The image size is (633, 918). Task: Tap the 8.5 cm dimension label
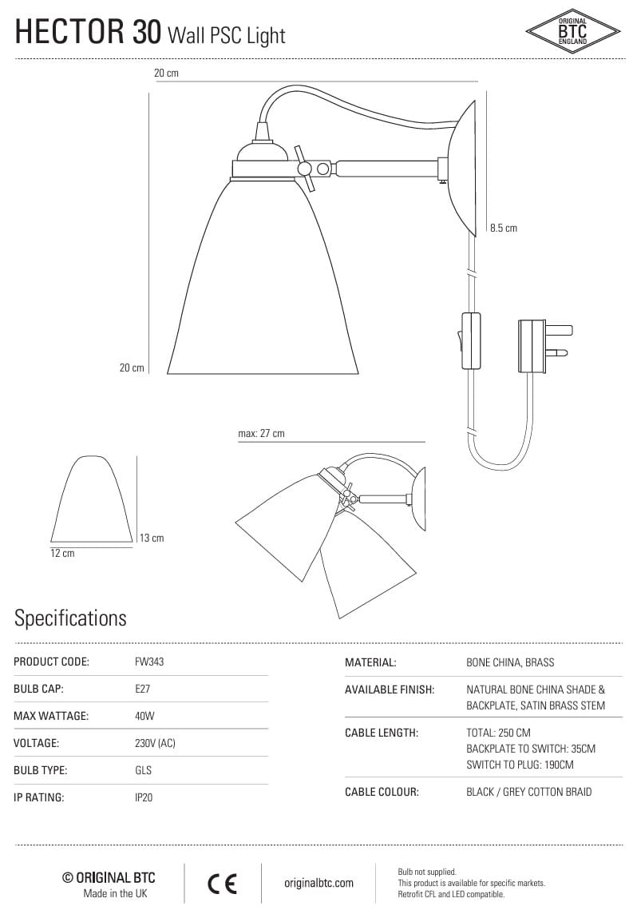504,228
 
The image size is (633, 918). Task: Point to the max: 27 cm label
262,433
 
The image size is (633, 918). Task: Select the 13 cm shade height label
152,538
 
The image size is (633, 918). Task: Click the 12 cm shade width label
62,553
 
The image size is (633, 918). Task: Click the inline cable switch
470,341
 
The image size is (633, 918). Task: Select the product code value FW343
149,662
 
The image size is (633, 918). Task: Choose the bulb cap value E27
142,689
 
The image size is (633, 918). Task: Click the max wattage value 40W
144,715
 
